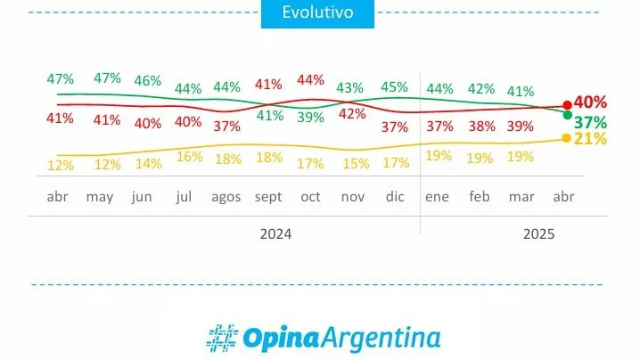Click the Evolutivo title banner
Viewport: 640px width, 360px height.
click(x=318, y=13)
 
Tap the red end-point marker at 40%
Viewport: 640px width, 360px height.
click(x=567, y=105)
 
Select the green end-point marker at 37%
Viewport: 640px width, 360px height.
click(x=568, y=116)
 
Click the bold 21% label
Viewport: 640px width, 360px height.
click(x=590, y=139)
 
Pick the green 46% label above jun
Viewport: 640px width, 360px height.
click(x=147, y=80)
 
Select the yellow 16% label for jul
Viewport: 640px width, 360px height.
click(x=189, y=156)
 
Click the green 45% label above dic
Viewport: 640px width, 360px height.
click(x=394, y=86)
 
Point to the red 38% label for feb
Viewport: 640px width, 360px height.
click(x=481, y=127)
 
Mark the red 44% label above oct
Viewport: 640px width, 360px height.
click(x=310, y=79)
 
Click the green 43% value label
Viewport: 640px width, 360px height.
click(x=350, y=87)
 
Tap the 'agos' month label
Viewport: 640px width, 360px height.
click(x=226, y=197)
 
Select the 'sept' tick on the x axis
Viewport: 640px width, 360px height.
click(x=268, y=197)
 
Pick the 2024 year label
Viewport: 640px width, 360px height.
click(x=275, y=233)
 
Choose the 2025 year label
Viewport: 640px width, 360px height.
click(x=537, y=233)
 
